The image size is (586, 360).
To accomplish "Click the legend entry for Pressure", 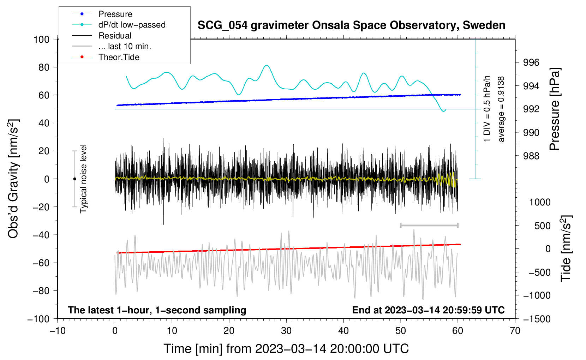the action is [x=102, y=14].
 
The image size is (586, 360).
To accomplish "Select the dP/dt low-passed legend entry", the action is [x=119, y=25].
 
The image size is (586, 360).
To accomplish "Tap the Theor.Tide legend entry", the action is [x=106, y=57].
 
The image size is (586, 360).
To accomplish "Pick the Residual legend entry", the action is [x=102, y=36].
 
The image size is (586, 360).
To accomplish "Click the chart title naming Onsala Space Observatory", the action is [x=351, y=25].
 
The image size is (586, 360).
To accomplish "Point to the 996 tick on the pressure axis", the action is [x=531, y=62].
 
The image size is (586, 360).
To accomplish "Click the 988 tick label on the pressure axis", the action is [x=531, y=156].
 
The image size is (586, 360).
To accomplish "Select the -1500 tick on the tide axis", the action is [x=537, y=319].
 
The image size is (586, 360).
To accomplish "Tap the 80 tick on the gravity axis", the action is [x=44, y=67].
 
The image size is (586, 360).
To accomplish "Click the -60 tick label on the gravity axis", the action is [x=41, y=263].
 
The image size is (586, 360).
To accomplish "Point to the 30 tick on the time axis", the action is [x=286, y=331].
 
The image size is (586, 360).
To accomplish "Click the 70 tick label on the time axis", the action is [x=515, y=331].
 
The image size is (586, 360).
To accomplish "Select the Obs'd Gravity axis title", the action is [x=14, y=179].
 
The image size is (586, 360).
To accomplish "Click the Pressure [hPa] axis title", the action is [x=555, y=109].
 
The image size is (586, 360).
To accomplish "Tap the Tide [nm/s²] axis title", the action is [x=566, y=248].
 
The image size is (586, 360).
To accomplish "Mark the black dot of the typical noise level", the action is [x=74, y=179].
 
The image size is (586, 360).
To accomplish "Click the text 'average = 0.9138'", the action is [x=501, y=109].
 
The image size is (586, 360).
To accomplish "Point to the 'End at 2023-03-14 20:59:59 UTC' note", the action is [x=428, y=310].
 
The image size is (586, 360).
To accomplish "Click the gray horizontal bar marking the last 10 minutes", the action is [x=429, y=225].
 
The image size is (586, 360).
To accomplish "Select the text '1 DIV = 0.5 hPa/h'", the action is [x=486, y=109].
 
